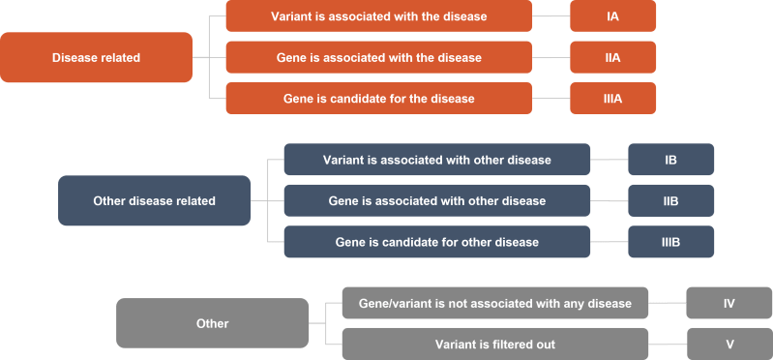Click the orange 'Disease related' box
click(x=96, y=58)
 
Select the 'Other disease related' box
click(x=154, y=201)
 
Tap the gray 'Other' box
click(x=212, y=323)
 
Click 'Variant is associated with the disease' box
click(x=378, y=16)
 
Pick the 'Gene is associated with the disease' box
click(x=378, y=57)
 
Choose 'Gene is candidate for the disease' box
click(x=378, y=98)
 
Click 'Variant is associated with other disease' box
click(x=436, y=160)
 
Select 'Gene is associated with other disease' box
click(x=436, y=200)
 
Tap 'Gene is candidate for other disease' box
click(x=436, y=241)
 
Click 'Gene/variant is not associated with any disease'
click(x=494, y=303)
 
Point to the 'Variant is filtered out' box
click(x=494, y=344)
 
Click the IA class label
click(x=612, y=16)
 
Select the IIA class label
click(x=612, y=57)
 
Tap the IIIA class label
click(x=612, y=98)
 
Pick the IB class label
click(x=670, y=160)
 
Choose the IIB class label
click(x=670, y=200)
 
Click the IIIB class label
click(x=670, y=241)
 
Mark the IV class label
click(x=728, y=303)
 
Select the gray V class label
click(x=728, y=344)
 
